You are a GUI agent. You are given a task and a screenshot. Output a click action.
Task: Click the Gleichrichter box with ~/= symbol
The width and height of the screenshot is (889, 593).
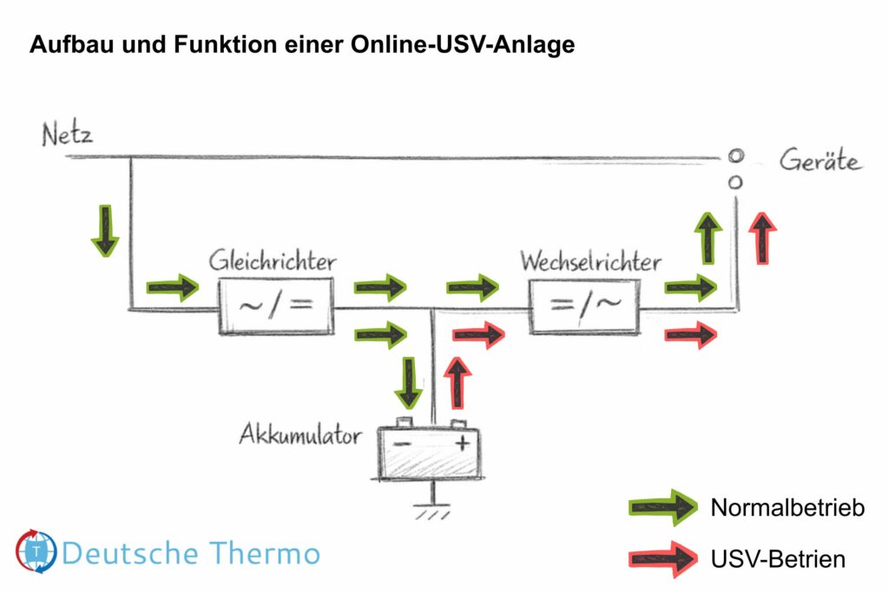tap(275, 306)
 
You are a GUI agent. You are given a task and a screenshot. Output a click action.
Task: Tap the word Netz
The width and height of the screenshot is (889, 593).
tap(67, 135)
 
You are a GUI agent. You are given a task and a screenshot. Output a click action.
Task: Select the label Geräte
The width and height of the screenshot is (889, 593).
tap(820, 161)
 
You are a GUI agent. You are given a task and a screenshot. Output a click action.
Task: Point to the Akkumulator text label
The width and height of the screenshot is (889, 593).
tap(300, 435)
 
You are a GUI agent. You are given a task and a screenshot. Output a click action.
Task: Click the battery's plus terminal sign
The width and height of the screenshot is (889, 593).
tap(463, 444)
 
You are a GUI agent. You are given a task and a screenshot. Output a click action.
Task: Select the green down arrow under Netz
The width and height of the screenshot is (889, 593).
tap(105, 231)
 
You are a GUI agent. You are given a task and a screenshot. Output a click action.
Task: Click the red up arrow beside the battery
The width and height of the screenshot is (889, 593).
tap(458, 382)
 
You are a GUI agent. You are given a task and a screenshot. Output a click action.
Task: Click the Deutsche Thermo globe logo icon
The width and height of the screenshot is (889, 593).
tap(36, 551)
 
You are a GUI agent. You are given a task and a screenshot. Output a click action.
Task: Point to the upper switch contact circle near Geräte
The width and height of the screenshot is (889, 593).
tap(735, 156)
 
